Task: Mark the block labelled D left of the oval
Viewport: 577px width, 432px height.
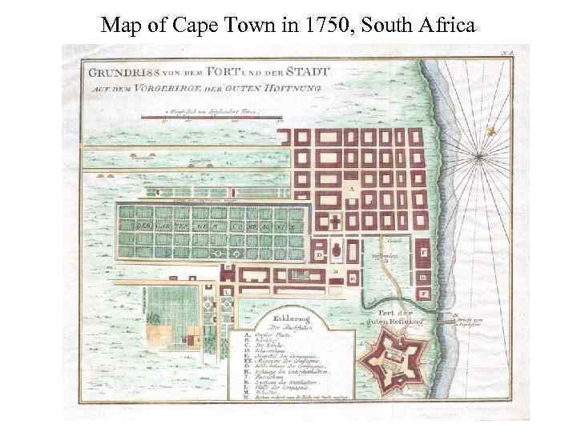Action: [320, 254]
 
